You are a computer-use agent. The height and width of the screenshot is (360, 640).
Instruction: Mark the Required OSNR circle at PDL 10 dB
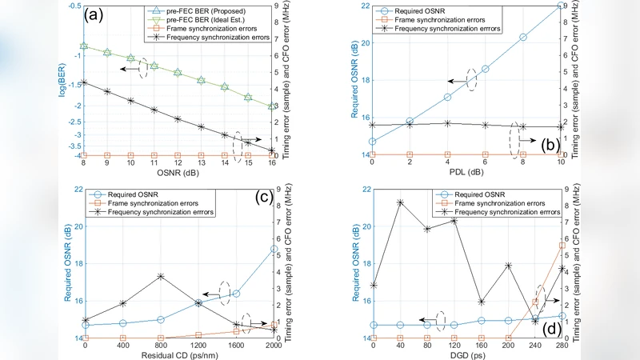tap(560, 6)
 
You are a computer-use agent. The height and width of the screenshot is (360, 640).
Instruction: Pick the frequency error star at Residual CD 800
tap(161, 276)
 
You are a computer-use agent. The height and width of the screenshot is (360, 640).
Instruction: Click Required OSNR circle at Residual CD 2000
tap(274, 249)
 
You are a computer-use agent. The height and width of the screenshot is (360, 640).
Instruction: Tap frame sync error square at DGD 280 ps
tap(562, 246)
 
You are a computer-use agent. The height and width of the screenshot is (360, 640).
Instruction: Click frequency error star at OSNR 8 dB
tap(83, 82)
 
